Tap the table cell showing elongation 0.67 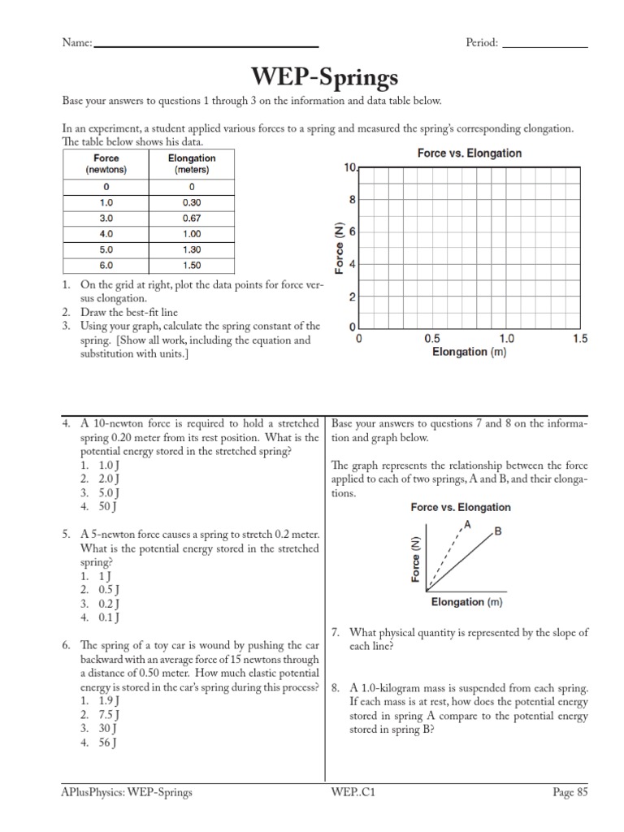click(x=191, y=219)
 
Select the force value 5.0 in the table click(x=106, y=249)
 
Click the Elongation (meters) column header click(x=191, y=164)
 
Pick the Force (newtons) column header click(x=106, y=164)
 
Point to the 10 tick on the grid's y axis click(x=349, y=167)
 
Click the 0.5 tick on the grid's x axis click(x=432, y=339)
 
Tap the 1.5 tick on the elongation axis click(x=579, y=339)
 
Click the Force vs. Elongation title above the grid click(x=469, y=153)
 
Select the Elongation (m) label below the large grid click(x=469, y=353)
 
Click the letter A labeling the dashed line click(x=466, y=525)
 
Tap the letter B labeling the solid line click(x=497, y=531)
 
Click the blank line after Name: click(x=206, y=45)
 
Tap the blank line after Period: click(x=544, y=45)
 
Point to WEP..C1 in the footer click(x=353, y=793)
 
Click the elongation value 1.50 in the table click(x=191, y=265)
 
